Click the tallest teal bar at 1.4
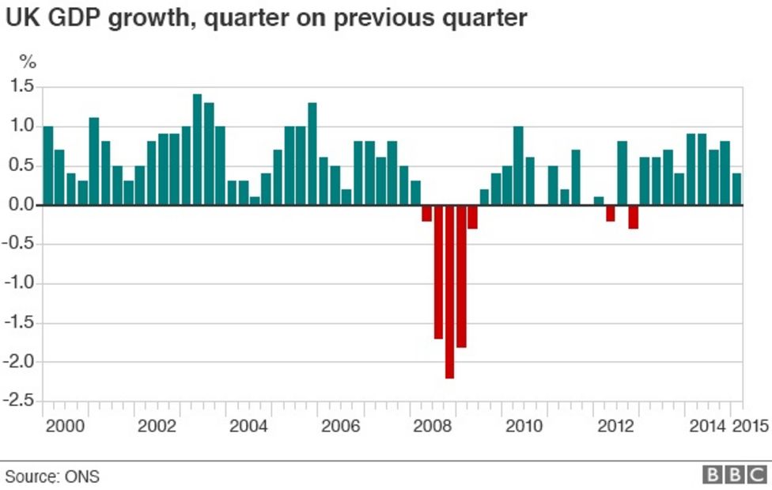tap(197, 150)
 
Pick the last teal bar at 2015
tap(736, 189)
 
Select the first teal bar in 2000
tap(48, 165)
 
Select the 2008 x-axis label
tap(433, 427)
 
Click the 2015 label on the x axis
tap(751, 427)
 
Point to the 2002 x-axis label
tap(157, 427)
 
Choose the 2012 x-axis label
tap(616, 427)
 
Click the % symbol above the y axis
tap(28, 61)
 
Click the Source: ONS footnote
tap(52, 477)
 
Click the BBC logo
tap(735, 475)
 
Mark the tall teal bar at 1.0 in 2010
tap(519, 165)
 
